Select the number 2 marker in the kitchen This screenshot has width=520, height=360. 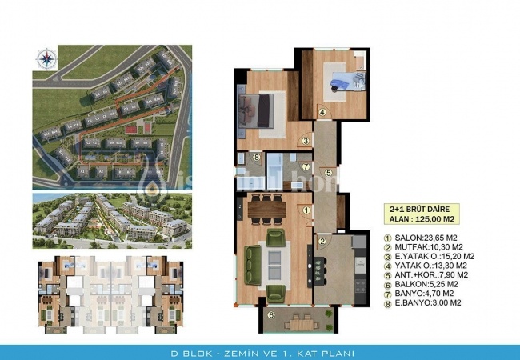click(322, 241)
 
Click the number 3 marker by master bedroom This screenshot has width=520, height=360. click(306, 142)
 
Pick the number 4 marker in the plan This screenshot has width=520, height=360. click(322, 112)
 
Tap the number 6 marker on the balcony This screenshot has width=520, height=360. click(270, 315)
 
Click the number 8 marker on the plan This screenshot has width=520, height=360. click(255, 158)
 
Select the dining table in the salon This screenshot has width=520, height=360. click(266, 210)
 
